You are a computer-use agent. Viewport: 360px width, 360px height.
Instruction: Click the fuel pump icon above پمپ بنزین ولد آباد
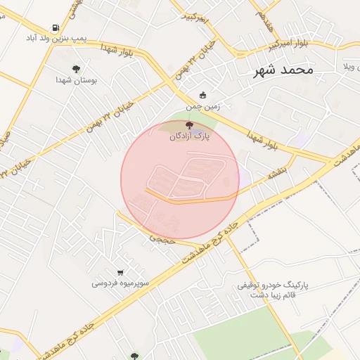pyautogui.click(x=56, y=28)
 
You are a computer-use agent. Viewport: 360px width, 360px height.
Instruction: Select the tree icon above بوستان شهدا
pyautogui.click(x=76, y=69)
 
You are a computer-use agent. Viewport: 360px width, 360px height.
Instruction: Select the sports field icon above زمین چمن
pyautogui.click(x=203, y=95)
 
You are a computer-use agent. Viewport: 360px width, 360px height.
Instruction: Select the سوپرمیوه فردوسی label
pyautogui.click(x=120, y=283)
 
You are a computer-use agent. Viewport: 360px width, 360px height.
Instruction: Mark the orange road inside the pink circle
pyautogui.click(x=190, y=201)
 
